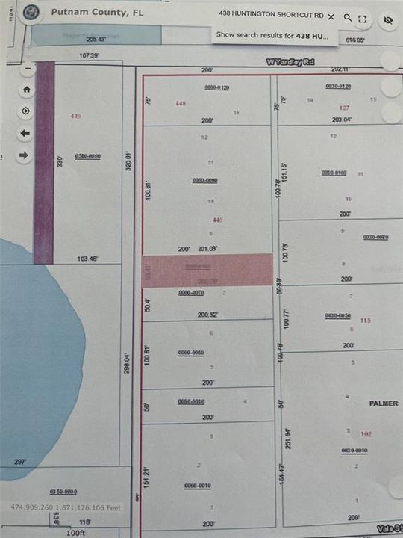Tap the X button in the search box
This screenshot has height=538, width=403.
click(x=331, y=15)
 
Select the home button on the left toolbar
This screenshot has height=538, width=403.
click(x=27, y=90)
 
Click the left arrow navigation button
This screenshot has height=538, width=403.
click(x=26, y=133)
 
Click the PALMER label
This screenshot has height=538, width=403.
click(x=384, y=403)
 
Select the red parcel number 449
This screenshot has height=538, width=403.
click(x=75, y=117)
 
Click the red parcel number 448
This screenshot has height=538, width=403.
click(x=180, y=103)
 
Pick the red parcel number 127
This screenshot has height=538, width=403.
click(x=344, y=108)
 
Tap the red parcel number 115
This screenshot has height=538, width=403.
click(x=365, y=321)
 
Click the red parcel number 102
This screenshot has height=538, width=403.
click(x=366, y=434)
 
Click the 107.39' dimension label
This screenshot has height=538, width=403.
click(x=90, y=55)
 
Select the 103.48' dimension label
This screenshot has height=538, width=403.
click(x=87, y=259)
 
